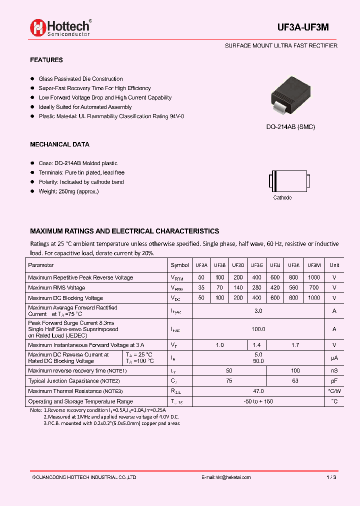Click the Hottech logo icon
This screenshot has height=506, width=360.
coord(38,27)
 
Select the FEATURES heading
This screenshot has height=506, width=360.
coord(46,60)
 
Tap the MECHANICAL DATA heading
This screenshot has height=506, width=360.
coord(59,144)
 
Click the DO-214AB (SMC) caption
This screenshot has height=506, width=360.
coord(290,127)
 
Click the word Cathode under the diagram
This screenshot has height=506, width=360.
coord(282,197)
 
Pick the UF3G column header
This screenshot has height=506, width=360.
coord(257,265)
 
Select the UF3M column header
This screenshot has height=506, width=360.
coord(314,265)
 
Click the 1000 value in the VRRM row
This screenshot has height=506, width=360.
coord(314,277)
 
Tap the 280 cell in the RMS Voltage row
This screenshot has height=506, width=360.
coord(257,287)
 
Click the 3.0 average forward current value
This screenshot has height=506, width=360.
coord(258,311)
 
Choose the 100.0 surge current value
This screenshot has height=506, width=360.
coord(258,329)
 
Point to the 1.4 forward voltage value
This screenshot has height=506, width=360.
coord(257,345)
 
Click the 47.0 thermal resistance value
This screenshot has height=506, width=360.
coord(258,391)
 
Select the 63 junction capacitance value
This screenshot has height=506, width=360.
coord(295,381)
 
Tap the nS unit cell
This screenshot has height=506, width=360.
coord(334,370)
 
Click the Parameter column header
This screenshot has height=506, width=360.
coord(41,265)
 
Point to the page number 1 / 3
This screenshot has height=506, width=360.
coord(331,477)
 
